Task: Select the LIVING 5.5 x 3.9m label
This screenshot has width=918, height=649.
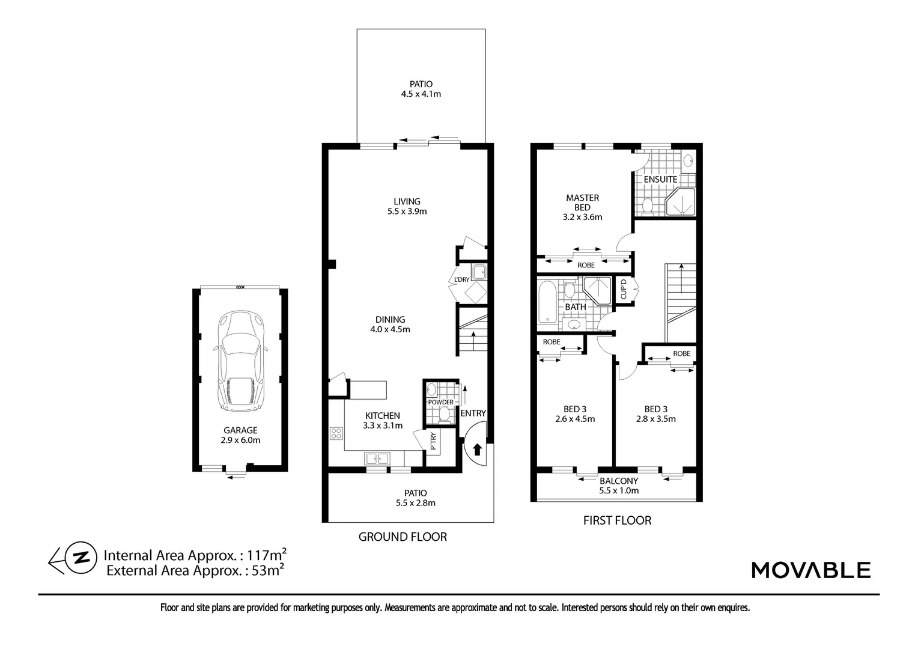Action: click(x=407, y=206)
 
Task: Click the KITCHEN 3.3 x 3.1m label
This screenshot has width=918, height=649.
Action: click(x=383, y=420)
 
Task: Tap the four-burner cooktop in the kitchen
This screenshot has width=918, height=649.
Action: click(x=336, y=433)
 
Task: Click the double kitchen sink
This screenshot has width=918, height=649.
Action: click(x=377, y=459)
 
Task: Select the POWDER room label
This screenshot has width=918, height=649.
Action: click(x=440, y=402)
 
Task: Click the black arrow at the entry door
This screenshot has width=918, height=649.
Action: click(x=478, y=449)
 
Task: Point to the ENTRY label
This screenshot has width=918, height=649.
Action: click(x=473, y=413)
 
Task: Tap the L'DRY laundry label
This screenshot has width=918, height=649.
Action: click(x=461, y=280)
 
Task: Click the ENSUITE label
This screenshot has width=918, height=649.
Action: click(x=660, y=179)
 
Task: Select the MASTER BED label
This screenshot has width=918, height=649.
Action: click(x=582, y=203)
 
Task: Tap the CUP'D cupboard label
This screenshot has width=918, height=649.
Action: click(x=624, y=290)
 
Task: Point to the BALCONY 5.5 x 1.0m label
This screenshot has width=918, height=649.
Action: click(x=618, y=486)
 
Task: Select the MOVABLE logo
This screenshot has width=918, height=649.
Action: click(x=810, y=570)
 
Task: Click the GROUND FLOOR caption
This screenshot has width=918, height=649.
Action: click(x=403, y=537)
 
